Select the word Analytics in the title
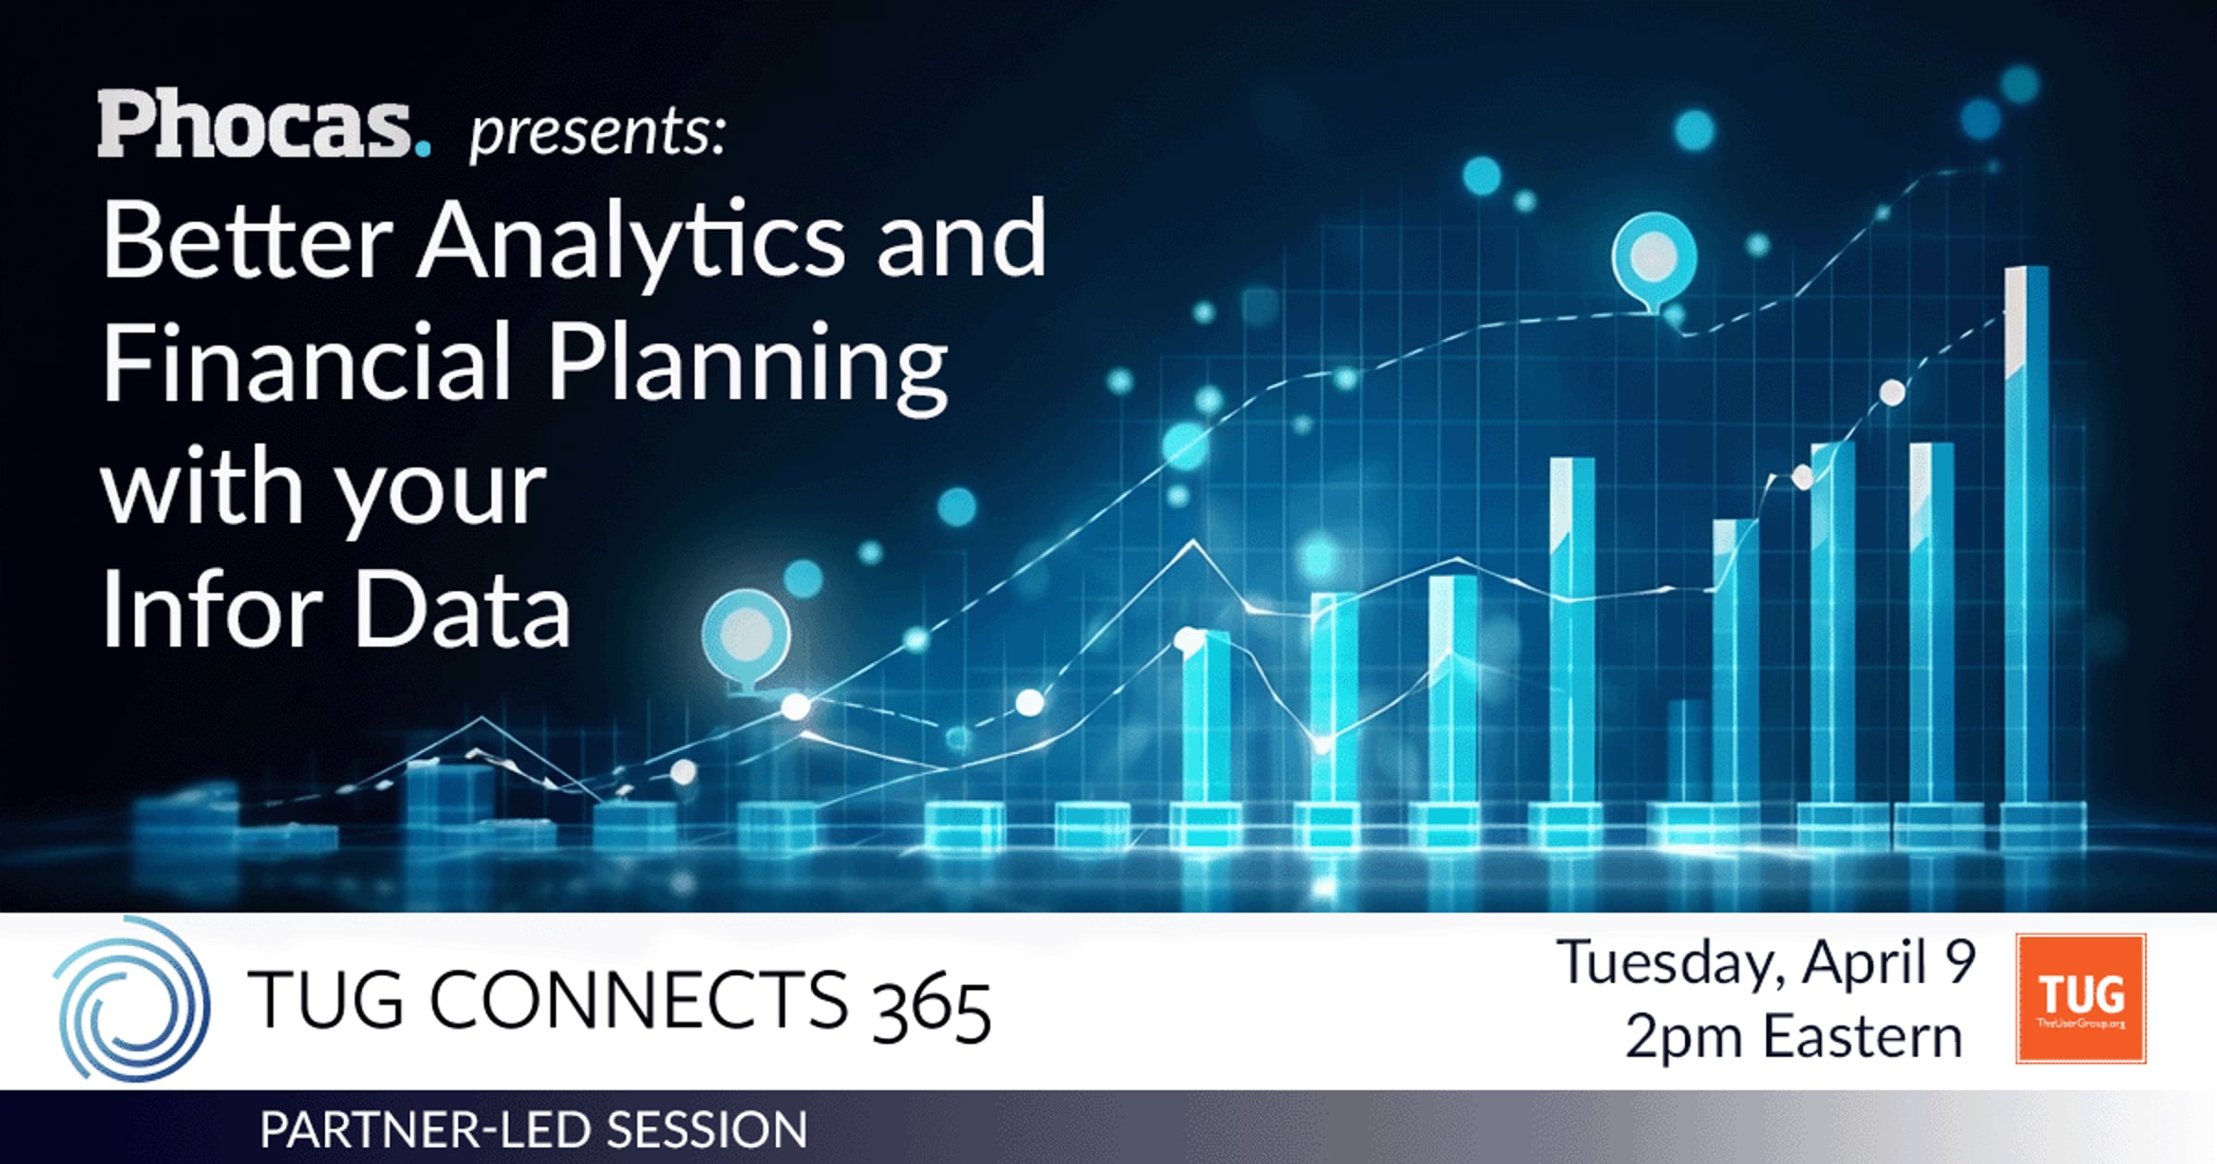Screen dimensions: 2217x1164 click(630, 242)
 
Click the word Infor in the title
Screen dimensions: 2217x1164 click(212, 610)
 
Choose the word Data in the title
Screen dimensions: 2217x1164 click(462, 610)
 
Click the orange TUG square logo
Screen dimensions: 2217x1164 click(2080, 999)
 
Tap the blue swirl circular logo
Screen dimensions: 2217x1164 click(131, 999)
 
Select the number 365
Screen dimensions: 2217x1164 click(931, 1009)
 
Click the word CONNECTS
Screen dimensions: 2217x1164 click(638, 999)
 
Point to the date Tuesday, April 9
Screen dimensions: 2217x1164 click(1765, 963)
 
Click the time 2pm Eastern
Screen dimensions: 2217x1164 click(1793, 1037)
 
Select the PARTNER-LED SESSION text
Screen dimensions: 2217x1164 click(534, 1129)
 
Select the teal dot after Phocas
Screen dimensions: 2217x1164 click(422, 147)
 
